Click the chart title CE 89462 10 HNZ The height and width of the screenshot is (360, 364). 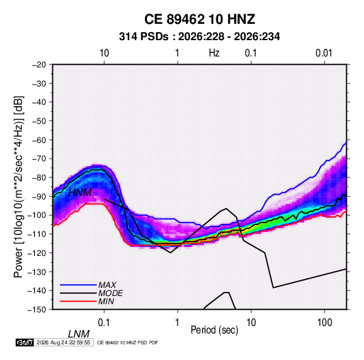click(199, 19)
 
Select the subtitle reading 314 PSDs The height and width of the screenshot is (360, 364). click(144, 37)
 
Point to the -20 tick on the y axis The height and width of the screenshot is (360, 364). click(39, 65)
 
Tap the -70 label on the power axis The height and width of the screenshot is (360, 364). click(39, 159)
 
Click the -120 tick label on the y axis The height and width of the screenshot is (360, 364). click(37, 252)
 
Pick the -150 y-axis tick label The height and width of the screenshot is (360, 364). click(37, 310)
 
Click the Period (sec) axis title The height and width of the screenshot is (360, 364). click(214, 330)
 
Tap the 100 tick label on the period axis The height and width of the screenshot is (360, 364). click(325, 323)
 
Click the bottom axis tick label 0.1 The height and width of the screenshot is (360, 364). click(104, 323)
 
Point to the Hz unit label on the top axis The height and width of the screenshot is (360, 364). click(214, 53)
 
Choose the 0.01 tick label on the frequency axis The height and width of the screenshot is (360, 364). click(324, 53)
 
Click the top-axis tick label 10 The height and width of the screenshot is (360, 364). click(104, 53)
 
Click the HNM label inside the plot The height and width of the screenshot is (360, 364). click(80, 193)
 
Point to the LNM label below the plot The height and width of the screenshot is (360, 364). click(78, 334)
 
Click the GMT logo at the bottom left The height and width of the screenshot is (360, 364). click(24, 342)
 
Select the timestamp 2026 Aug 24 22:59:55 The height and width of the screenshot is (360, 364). click(63, 342)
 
